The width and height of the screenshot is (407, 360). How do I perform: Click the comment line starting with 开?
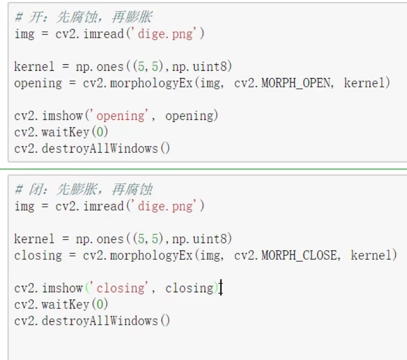pos(83,18)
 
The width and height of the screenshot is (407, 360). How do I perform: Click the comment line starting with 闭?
pos(83,190)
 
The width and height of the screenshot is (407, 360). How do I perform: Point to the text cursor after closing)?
pos(221,288)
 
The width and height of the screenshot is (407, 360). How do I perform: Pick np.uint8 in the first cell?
pos(204,67)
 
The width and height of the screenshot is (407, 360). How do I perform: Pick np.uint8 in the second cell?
pos(204,239)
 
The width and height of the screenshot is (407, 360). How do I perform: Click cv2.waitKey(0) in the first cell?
pos(61,132)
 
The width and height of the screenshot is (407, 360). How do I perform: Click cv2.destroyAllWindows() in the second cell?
pos(92,321)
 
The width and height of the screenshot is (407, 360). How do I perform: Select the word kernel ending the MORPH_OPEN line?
pos(367,83)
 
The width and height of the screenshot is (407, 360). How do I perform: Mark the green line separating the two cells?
pos(203,169)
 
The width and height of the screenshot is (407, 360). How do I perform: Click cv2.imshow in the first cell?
pos(49,116)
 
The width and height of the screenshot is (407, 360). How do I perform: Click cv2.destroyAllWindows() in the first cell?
pos(92,148)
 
